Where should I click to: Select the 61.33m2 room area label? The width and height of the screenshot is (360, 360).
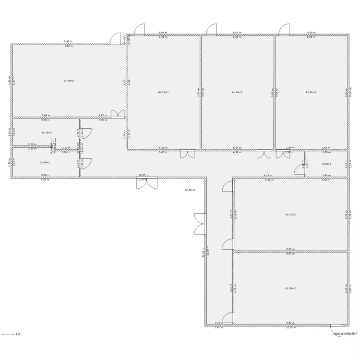[x=164, y=92]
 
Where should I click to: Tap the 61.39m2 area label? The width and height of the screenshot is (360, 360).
[x=237, y=92]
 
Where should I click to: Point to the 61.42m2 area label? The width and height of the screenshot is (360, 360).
[x=311, y=92]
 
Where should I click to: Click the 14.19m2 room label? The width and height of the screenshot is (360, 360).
[x=47, y=132]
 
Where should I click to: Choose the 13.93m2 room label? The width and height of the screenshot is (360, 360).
[x=45, y=162]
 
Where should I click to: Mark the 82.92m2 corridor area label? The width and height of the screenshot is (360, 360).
[x=191, y=190]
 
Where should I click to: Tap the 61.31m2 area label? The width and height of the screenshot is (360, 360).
[x=290, y=215]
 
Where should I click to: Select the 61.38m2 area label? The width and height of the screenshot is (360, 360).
[x=290, y=288]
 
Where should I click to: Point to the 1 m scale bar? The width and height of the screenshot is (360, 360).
[x=12, y=333]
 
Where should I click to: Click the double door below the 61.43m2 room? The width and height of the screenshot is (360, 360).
[x=118, y=114]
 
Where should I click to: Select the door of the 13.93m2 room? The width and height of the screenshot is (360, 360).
[x=85, y=164]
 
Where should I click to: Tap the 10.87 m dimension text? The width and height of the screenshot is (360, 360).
[x=143, y=176]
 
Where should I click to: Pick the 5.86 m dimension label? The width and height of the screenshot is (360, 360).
[x=46, y=115]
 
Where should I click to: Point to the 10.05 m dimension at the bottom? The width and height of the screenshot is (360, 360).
[x=290, y=327]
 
